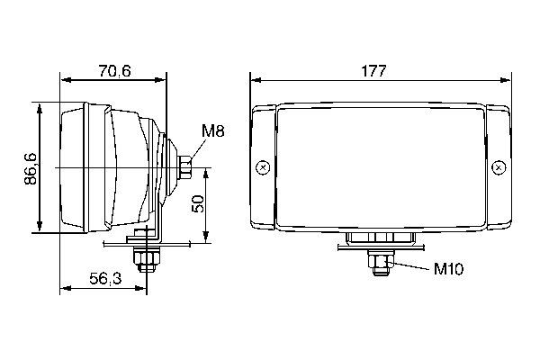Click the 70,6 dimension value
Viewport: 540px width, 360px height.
tap(113, 71)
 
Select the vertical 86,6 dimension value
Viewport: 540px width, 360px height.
tap(30, 167)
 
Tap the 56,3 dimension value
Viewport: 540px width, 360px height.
tap(105, 279)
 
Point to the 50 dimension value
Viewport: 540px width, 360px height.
tap(199, 204)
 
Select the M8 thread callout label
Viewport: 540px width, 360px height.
tap(212, 131)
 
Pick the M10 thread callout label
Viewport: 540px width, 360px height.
tap(447, 268)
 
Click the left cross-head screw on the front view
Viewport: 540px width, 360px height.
tap(262, 167)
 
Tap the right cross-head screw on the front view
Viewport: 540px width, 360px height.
tap(499, 167)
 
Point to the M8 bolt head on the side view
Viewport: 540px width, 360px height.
tap(185, 167)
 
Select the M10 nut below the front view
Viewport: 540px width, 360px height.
tap(380, 264)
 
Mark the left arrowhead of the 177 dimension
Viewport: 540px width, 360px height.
tap(255, 81)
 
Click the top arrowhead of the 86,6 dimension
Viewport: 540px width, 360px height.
tap(40, 106)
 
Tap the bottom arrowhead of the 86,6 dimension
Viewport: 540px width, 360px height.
tap(40, 229)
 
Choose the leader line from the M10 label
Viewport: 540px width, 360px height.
tap(409, 265)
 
